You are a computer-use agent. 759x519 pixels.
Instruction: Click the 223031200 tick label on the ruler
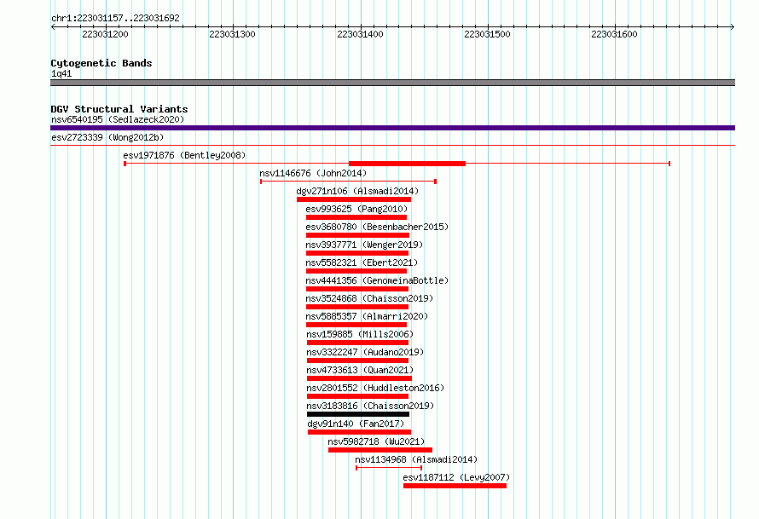coord(105,34)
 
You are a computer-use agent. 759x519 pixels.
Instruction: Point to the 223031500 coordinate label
coord(487,34)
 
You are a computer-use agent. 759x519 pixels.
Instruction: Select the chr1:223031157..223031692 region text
coord(115,19)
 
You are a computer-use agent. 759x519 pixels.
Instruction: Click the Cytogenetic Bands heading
coord(101,63)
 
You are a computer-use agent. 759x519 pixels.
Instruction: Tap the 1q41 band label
coord(61,74)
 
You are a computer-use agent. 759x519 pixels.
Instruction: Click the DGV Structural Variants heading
coord(119,109)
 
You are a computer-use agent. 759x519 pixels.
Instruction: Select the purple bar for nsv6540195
coord(392,128)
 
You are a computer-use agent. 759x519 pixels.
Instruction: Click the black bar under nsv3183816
coord(358,414)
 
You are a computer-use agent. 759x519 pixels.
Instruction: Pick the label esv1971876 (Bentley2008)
coord(184,155)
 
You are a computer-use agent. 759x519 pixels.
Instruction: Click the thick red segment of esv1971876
coord(407,164)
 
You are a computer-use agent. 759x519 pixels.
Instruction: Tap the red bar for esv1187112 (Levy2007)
coord(455,486)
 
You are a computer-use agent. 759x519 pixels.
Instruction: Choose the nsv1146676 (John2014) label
coord(313,173)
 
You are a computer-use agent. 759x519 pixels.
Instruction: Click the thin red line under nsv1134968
coord(389,468)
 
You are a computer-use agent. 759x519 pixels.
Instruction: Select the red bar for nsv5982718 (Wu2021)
coord(380,450)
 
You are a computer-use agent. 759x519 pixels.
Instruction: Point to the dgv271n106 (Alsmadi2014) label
coord(357,191)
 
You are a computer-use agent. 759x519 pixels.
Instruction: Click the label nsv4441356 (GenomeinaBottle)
coord(377,280)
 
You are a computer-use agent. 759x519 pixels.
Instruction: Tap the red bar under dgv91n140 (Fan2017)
coord(359,432)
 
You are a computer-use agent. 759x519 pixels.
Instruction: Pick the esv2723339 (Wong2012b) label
coord(107,137)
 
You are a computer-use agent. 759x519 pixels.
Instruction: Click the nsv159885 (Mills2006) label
coord(360,334)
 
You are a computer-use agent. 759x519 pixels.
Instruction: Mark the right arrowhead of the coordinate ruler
coord(733,27)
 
